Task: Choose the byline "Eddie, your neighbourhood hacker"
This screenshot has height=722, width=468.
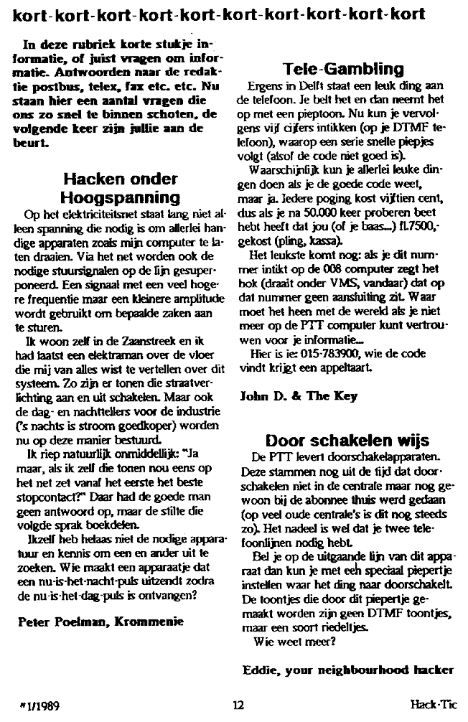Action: click(348, 670)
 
